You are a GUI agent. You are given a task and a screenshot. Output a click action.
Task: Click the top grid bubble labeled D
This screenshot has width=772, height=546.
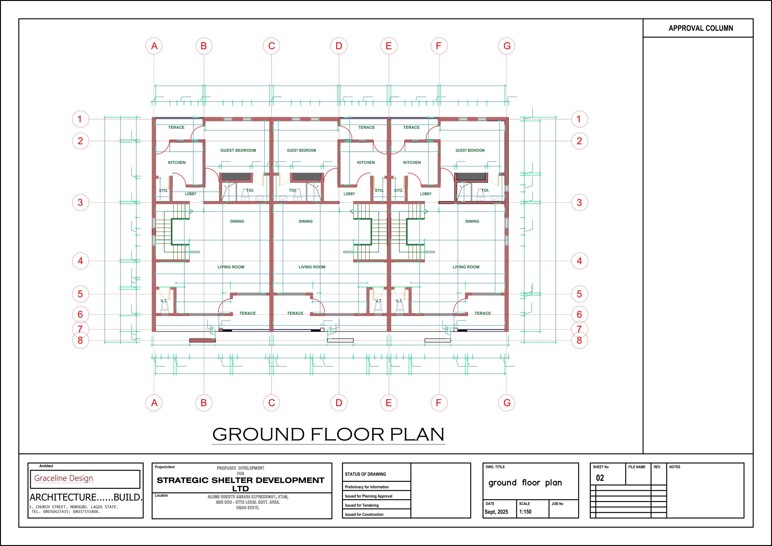pos(339,46)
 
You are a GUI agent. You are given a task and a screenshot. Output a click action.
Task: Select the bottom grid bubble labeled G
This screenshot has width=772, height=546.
pos(506,402)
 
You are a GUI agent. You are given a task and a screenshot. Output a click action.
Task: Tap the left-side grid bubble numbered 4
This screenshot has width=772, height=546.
pos(80,260)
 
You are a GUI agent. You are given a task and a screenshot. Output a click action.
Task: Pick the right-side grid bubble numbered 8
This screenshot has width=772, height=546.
pos(579,340)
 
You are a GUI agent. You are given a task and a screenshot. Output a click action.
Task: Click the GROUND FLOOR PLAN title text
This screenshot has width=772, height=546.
pos(328,434)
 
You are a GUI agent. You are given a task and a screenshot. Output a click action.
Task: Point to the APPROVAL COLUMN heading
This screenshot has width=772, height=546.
pos(701,28)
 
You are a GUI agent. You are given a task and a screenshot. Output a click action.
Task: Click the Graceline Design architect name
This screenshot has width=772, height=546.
pos(64,478)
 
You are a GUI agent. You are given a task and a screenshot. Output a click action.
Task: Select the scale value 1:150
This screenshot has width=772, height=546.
pos(525,512)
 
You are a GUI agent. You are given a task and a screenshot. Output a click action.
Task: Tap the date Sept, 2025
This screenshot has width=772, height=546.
pos(496,512)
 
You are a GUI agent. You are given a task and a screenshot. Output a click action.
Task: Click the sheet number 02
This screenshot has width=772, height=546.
pos(600,478)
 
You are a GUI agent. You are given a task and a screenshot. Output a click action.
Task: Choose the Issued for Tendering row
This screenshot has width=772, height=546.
pos(362,505)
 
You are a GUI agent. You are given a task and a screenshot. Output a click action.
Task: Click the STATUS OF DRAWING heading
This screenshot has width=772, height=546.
pos(365,474)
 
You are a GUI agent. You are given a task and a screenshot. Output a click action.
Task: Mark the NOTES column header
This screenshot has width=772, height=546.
pos(675,467)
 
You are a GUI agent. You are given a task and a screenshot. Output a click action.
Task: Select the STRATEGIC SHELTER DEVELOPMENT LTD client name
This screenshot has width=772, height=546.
pos(240,484)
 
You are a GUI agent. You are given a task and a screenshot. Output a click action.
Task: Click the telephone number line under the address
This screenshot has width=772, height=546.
pos(66,512)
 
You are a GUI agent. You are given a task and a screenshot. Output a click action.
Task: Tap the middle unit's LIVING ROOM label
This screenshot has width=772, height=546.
pos(312,267)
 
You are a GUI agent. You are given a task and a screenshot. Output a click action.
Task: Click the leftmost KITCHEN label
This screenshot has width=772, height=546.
pos(176,163)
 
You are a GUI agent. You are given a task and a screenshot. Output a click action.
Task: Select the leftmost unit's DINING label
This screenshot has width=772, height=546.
pos(237,221)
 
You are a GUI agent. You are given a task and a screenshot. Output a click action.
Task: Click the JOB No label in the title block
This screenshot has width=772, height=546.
pos(557,503)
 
